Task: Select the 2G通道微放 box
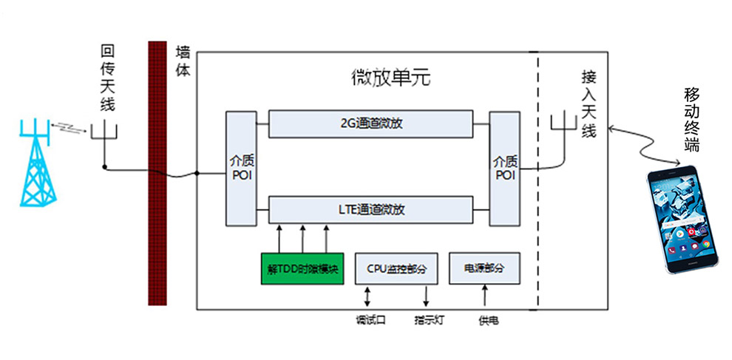[x=370, y=124]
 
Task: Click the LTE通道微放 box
[x=370, y=209]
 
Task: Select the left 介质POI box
[x=240, y=169]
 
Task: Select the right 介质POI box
[x=505, y=169]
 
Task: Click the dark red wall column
[x=157, y=173]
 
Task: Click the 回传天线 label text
[x=107, y=78]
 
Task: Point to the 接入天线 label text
[x=589, y=103]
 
